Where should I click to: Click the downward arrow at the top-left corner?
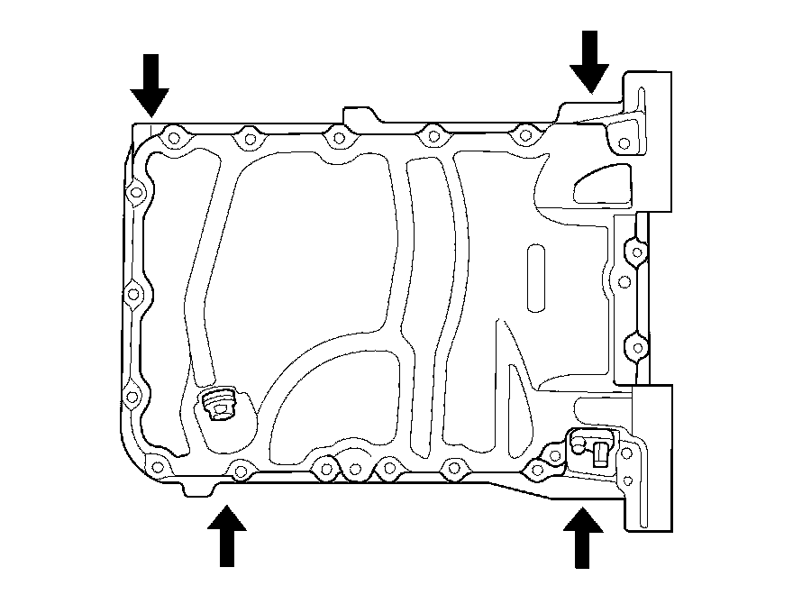(150, 85)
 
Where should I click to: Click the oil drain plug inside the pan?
(217, 405)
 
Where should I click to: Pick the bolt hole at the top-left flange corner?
(172, 140)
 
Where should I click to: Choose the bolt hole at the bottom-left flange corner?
(158, 466)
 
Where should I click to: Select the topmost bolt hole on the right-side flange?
(636, 250)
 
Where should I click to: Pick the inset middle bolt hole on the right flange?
(622, 281)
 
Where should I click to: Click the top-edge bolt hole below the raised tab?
(338, 139)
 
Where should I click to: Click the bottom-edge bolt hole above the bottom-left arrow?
(240, 468)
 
